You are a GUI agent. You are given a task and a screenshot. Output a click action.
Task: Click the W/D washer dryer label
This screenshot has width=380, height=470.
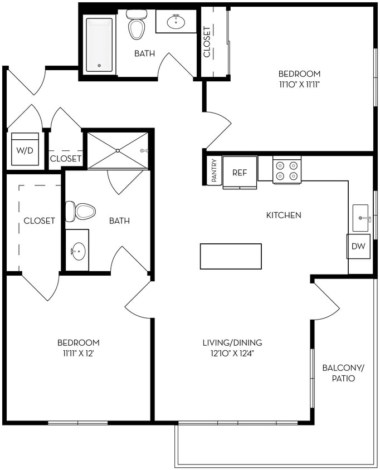click(x=24, y=150)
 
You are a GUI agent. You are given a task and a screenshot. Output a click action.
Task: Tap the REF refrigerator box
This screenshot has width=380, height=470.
click(x=240, y=173)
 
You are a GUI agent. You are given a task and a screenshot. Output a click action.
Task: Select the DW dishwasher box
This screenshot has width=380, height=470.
click(x=358, y=247)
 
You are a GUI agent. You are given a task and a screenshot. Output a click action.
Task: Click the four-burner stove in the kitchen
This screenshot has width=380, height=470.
click(x=286, y=170)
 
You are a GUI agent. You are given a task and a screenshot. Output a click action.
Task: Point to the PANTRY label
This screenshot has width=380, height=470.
click(x=213, y=171)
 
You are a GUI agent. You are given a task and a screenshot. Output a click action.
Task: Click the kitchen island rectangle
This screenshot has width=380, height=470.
click(x=231, y=256)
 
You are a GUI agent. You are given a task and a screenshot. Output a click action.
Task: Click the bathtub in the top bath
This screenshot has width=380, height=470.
click(x=100, y=44)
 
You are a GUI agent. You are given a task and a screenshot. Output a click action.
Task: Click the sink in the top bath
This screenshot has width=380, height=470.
click(x=176, y=22)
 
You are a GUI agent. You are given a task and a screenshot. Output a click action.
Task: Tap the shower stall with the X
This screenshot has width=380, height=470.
click(x=118, y=150)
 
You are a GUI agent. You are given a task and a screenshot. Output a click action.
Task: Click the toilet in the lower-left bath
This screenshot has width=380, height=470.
click(x=81, y=212)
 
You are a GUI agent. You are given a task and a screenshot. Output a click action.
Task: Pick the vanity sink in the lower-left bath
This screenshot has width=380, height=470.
click(x=77, y=251)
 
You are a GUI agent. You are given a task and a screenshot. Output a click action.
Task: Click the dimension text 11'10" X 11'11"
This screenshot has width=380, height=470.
click(x=300, y=85)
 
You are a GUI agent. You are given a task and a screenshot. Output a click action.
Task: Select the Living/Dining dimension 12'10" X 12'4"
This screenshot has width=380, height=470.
click(x=232, y=353)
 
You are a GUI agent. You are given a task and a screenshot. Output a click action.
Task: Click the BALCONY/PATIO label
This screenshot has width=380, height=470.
click(x=343, y=373)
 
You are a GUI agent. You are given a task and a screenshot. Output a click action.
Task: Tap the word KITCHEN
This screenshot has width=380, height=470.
click(x=284, y=215)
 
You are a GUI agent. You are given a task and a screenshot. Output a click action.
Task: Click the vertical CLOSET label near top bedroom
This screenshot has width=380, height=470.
click(x=207, y=42)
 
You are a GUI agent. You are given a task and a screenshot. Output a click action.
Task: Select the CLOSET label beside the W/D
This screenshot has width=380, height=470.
click(x=66, y=159)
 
